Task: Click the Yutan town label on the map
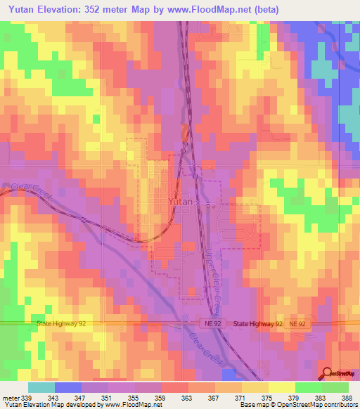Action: tap(181, 201)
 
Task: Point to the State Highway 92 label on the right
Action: tap(257, 324)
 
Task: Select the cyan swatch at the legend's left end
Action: tap(41, 387)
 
